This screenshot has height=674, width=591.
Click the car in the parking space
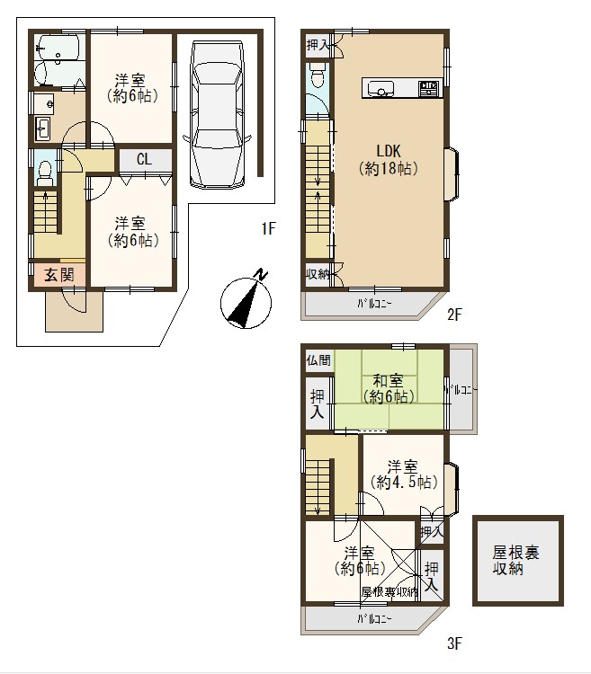click(x=217, y=114)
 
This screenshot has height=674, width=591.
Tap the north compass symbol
click(x=246, y=301)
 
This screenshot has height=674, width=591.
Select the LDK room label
click(x=389, y=159)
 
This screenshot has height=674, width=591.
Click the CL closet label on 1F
click(x=144, y=159)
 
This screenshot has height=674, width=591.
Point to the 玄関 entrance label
click(x=59, y=275)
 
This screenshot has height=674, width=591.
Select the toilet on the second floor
click(x=318, y=75)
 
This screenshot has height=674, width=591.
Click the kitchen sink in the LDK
click(x=381, y=89)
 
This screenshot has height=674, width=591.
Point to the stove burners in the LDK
click(x=429, y=89)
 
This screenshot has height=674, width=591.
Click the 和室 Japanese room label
click(x=388, y=389)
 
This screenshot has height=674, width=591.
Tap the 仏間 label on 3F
click(x=318, y=360)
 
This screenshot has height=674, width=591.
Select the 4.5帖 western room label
click(x=404, y=474)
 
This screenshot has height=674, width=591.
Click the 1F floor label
click(x=268, y=228)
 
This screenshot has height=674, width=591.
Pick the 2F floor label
click(x=454, y=315)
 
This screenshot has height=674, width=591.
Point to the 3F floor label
click(x=454, y=643)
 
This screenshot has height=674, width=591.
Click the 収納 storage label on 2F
click(x=318, y=274)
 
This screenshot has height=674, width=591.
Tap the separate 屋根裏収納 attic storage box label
click(x=515, y=561)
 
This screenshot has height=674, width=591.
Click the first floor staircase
click(x=45, y=211)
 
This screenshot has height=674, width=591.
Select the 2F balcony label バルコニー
click(x=374, y=305)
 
